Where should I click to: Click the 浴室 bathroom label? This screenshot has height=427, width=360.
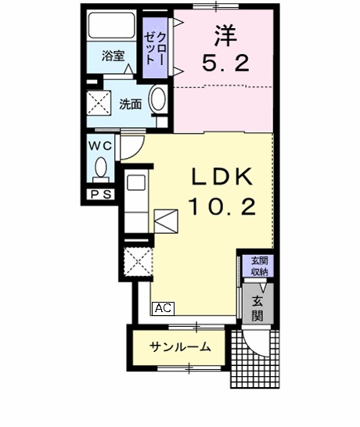[x=113, y=56]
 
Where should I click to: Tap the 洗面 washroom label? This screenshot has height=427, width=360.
[x=130, y=103]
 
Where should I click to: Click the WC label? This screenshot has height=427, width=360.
[x=100, y=145]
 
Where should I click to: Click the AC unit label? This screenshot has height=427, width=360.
[x=163, y=308]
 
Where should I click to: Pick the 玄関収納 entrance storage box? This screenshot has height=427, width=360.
[x=258, y=267]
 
